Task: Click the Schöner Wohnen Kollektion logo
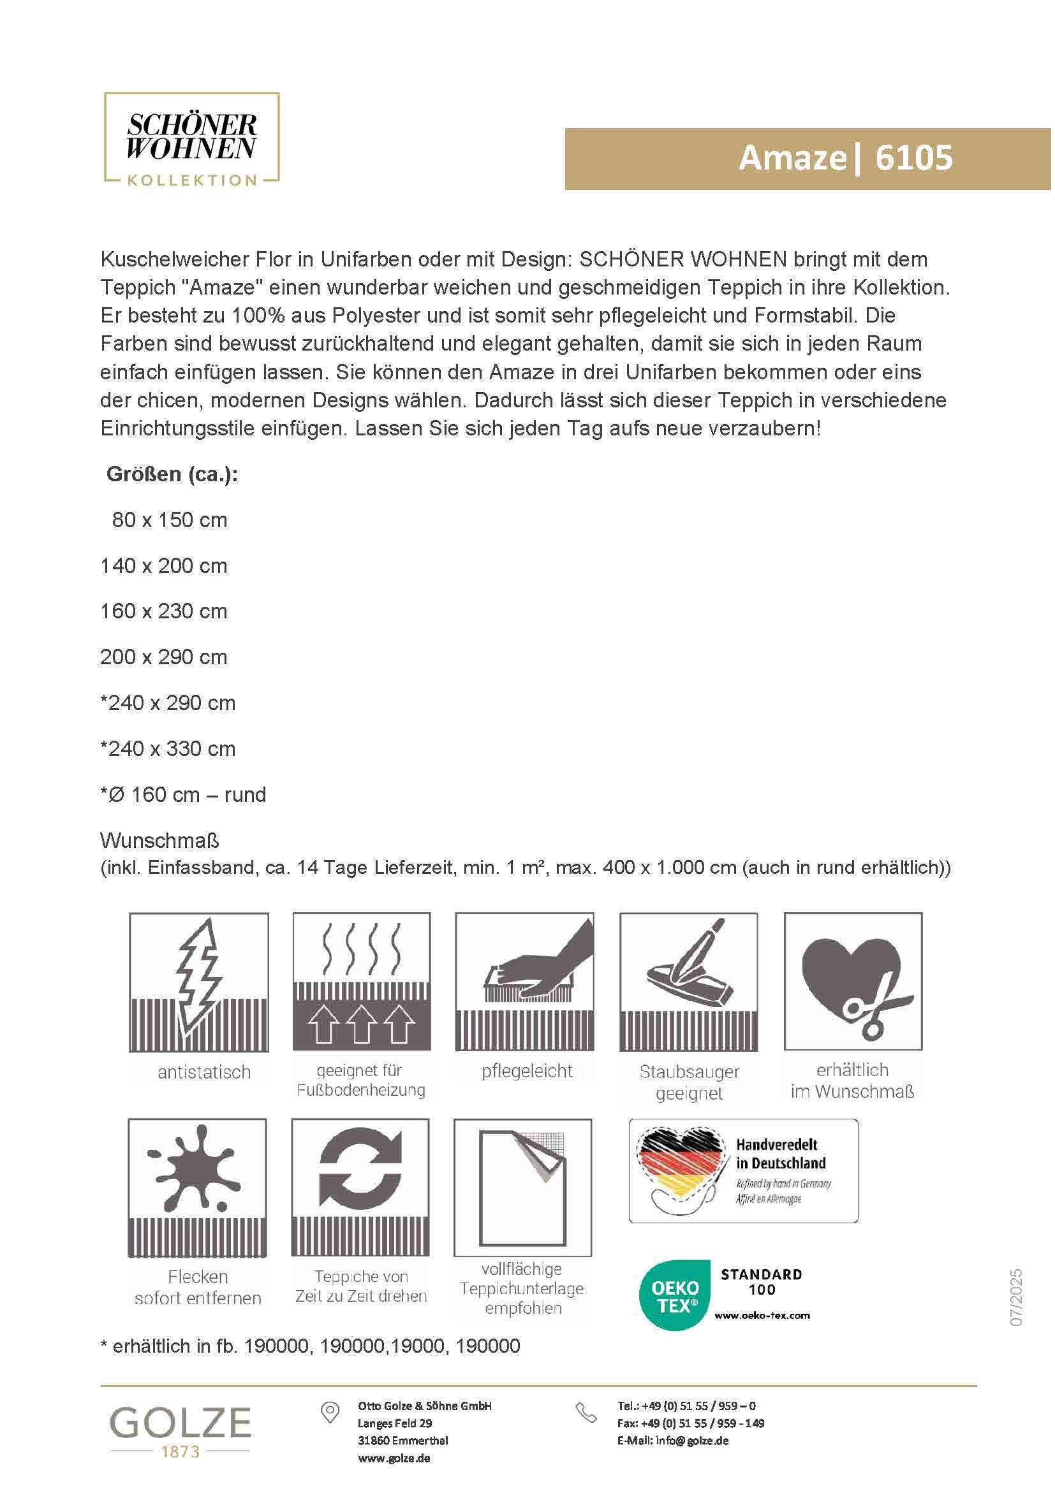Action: click(191, 140)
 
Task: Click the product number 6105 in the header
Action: click(913, 158)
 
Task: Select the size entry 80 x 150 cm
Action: click(170, 520)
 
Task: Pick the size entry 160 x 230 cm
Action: click(164, 612)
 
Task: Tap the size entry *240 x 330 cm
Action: click(168, 749)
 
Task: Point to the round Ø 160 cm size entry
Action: click(183, 795)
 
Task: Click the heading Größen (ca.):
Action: click(172, 474)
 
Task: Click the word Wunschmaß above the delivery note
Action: click(159, 841)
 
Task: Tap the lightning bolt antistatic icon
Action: click(199, 982)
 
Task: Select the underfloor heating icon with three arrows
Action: click(361, 982)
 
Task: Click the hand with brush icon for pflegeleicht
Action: click(524, 982)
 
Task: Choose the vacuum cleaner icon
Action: click(689, 982)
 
